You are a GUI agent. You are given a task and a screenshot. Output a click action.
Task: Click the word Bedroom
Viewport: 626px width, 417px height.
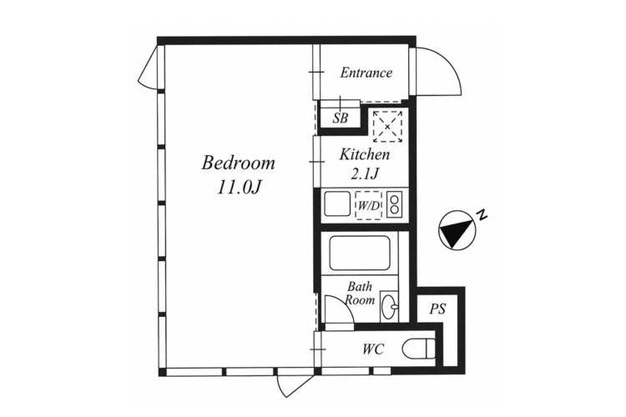[x=239, y=163]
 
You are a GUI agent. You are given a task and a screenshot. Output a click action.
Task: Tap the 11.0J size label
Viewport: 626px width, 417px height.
[x=239, y=187]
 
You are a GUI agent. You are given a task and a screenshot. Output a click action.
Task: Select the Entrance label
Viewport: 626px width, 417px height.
[x=366, y=73]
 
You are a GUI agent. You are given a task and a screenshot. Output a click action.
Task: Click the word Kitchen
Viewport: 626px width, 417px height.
[x=365, y=154]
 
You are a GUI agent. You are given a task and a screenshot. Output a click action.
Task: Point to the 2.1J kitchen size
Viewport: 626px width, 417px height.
[x=365, y=173]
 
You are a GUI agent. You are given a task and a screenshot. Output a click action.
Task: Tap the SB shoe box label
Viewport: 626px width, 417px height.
[x=341, y=118]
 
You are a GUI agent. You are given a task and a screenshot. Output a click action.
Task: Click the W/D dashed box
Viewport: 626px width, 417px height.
[x=368, y=205]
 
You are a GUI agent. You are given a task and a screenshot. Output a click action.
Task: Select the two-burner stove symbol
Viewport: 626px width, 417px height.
[x=395, y=204]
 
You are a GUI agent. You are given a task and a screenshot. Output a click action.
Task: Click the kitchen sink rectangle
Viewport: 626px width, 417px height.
[x=337, y=203]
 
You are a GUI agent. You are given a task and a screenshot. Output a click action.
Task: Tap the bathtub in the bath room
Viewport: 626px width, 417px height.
[x=359, y=253]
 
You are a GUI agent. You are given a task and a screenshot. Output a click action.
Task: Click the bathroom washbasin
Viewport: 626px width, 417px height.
[x=388, y=306]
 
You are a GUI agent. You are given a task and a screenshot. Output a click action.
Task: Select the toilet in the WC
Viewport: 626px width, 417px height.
[x=418, y=349]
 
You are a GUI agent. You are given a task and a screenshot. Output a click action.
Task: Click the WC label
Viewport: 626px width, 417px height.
[x=373, y=349]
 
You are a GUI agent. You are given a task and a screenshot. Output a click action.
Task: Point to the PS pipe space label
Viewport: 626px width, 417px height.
[x=437, y=309]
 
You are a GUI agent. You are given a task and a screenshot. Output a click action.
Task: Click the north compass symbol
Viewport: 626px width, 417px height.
[x=457, y=230]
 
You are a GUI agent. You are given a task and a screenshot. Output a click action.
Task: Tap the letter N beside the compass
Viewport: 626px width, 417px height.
[x=482, y=214]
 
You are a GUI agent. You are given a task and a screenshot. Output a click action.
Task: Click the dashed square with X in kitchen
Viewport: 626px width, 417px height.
[x=387, y=127]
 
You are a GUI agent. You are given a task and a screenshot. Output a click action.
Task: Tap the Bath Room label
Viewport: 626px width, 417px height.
[x=360, y=293]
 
